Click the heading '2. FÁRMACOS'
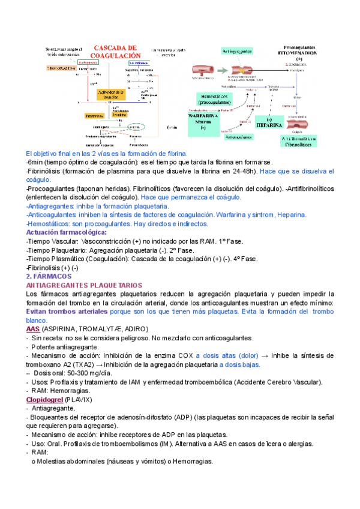pyautogui.click(x=49, y=276)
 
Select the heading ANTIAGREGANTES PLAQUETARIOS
pyautogui.click(x=84, y=285)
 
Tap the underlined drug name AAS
pyautogui.click(x=34, y=330)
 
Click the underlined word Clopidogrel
pyautogui.click(x=45, y=400)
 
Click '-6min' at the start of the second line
pyautogui.click(x=35, y=162)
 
